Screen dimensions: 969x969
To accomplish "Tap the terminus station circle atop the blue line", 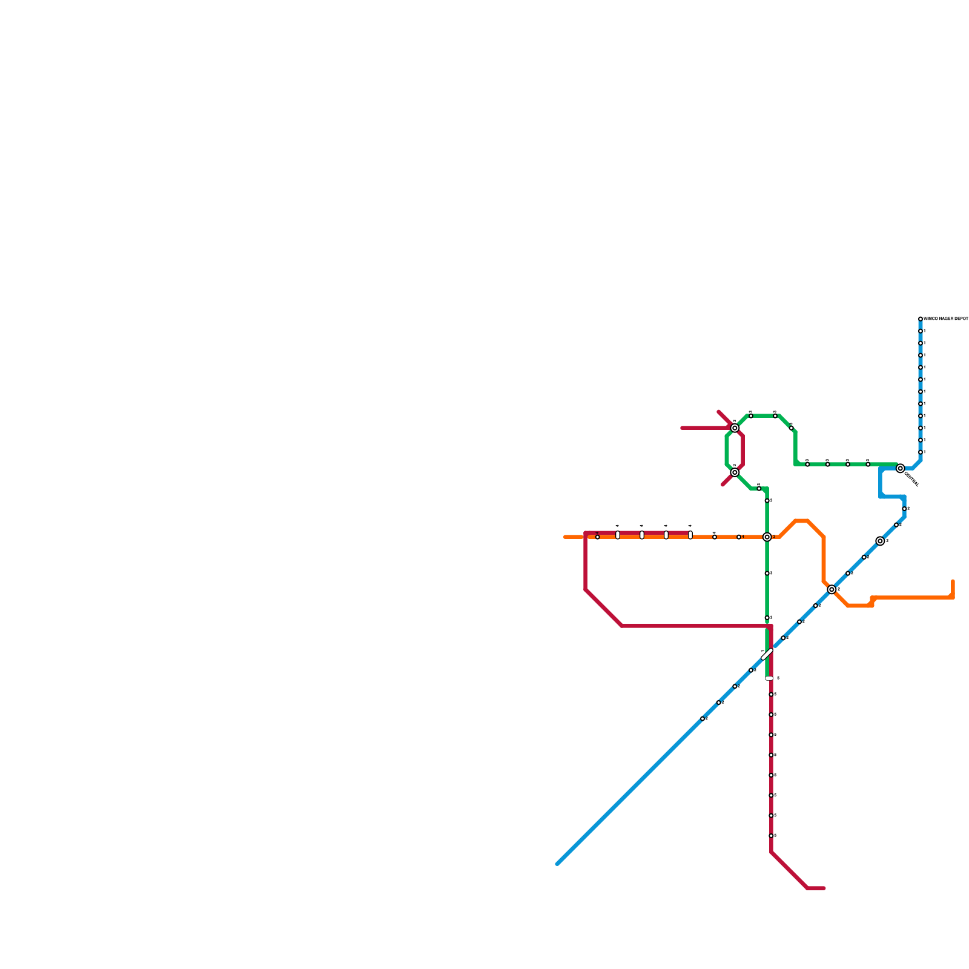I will pyautogui.click(x=921, y=319).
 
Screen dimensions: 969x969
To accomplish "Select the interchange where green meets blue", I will pyautogui.click(x=901, y=468).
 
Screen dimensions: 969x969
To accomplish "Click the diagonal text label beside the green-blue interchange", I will pyautogui.click(x=911, y=479).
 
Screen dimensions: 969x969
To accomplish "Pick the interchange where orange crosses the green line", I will pyautogui.click(x=767, y=537).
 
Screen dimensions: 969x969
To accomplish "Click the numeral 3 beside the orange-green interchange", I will pyautogui.click(x=774, y=537).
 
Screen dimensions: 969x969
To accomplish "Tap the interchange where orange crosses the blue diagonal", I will pyautogui.click(x=832, y=589).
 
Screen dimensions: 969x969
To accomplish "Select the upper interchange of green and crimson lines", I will pyautogui.click(x=735, y=428).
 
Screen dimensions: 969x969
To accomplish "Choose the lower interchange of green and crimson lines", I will pyautogui.click(x=735, y=472).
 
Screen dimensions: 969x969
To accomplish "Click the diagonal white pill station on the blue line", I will pyautogui.click(x=767, y=654).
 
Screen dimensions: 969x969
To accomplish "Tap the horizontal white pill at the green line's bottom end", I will pyautogui.click(x=769, y=678).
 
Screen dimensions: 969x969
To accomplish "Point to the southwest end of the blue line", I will pyautogui.click(x=557, y=864).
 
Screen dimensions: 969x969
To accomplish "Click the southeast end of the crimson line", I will pyautogui.click(x=824, y=888).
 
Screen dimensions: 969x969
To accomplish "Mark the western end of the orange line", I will pyautogui.click(x=565, y=537).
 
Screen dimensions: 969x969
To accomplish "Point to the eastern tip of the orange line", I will pyautogui.click(x=953, y=582).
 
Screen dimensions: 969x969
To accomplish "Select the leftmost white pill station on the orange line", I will pyautogui.click(x=618, y=535).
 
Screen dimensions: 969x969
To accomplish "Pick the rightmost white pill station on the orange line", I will pyautogui.click(x=690, y=535).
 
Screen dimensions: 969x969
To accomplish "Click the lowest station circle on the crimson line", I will pyautogui.click(x=771, y=836).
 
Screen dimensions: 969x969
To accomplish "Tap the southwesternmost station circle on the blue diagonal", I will pyautogui.click(x=703, y=719).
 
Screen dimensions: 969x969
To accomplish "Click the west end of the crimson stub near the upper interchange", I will pyautogui.click(x=683, y=428).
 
